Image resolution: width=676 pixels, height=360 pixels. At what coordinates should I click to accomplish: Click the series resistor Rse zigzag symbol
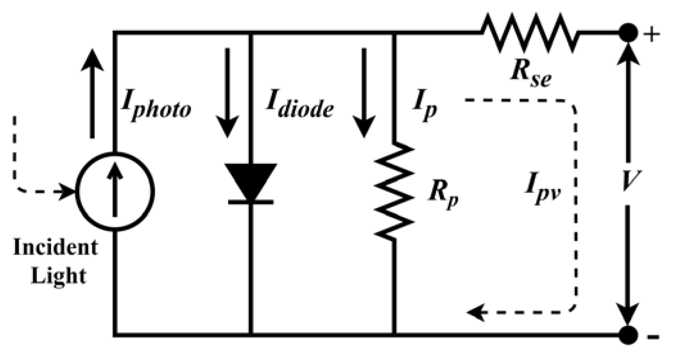click(529, 32)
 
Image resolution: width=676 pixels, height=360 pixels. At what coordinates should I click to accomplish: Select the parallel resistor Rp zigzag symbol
click(394, 191)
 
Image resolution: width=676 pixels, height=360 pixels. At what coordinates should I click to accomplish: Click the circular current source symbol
click(115, 192)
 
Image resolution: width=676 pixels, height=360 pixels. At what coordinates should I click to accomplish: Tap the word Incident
click(55, 248)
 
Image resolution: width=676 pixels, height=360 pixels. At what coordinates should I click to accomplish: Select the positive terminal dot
click(628, 33)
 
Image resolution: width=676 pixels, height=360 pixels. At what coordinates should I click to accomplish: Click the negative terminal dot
click(628, 335)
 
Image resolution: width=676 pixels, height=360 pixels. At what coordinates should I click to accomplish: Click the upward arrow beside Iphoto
click(92, 93)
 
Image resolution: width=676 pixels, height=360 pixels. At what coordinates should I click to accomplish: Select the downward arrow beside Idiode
click(227, 93)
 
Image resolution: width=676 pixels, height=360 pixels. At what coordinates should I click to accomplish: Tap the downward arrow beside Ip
click(364, 93)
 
